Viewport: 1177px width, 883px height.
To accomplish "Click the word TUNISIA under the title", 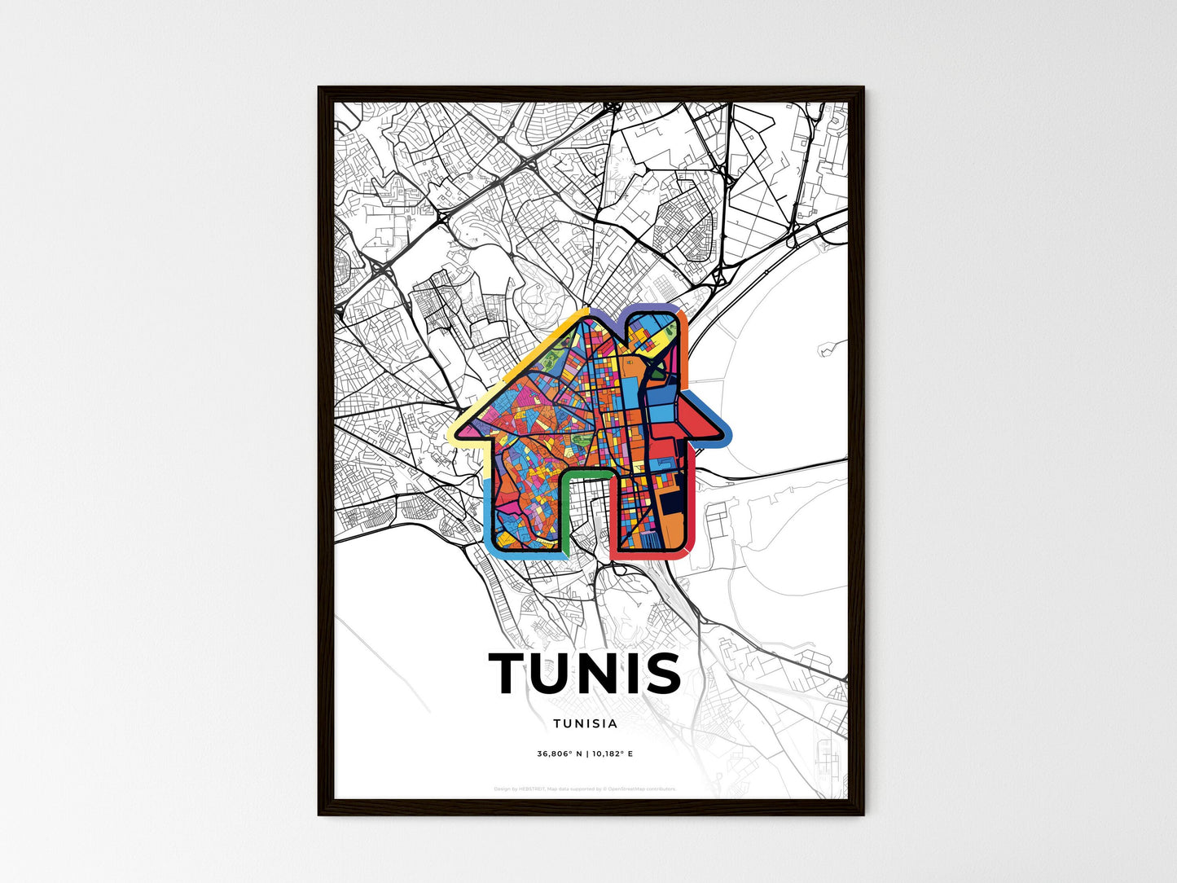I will coord(585,723).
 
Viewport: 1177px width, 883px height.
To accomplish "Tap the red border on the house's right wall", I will coord(693,505).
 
